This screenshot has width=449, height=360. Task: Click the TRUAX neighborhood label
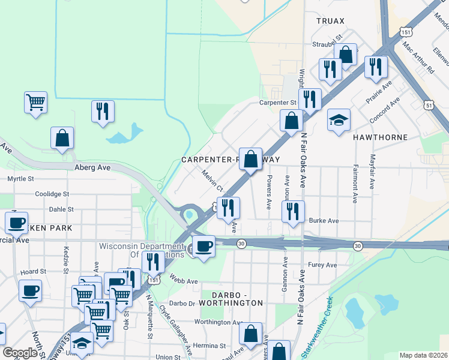tap(331, 21)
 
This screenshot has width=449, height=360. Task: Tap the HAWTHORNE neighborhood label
tap(385, 137)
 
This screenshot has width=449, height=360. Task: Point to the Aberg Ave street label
tap(93, 168)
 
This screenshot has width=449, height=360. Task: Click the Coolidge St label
tap(52, 194)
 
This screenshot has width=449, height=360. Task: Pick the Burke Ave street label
tap(324, 221)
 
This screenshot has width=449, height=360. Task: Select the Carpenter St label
tap(278, 103)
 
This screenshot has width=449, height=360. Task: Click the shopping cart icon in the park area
tap(35, 101)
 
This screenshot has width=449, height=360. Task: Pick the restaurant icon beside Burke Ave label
tap(293, 211)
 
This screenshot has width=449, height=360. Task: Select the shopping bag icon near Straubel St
tap(346, 55)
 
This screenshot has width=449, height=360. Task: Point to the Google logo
tap(20, 353)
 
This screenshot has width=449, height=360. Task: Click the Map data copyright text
tap(423, 355)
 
